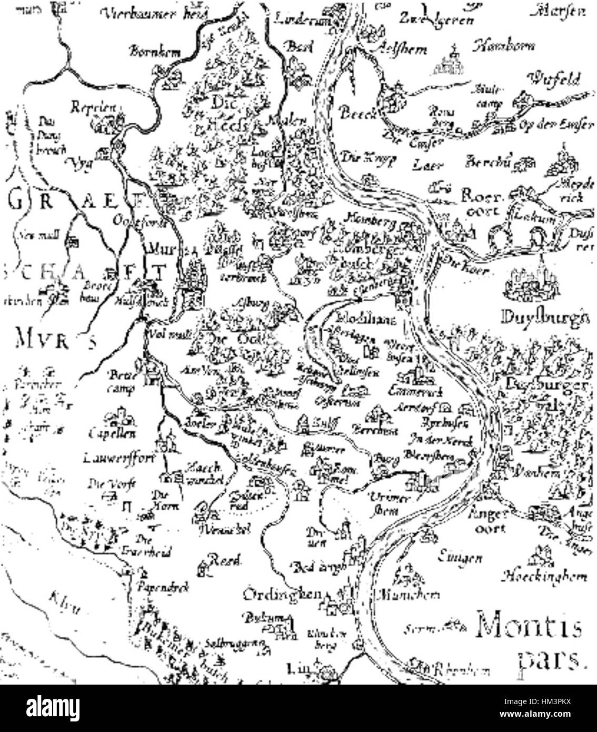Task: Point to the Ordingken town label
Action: (x=282, y=595)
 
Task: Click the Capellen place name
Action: (x=112, y=434)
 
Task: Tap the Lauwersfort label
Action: (x=120, y=458)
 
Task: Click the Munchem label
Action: (x=408, y=595)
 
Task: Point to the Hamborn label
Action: (x=504, y=46)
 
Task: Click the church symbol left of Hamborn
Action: (x=451, y=60)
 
